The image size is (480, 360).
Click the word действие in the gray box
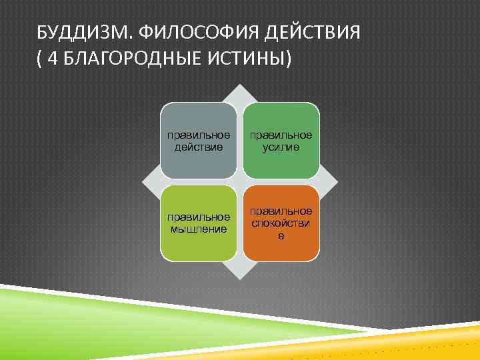tap(199, 147)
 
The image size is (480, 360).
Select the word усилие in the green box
tap(281, 147)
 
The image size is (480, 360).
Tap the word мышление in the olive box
tap(199, 229)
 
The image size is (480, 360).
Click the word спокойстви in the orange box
tap(281, 224)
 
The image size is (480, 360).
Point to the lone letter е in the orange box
tap(281, 235)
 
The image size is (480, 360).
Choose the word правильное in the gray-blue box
tap(199, 135)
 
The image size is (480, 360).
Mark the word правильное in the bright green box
tap(281, 135)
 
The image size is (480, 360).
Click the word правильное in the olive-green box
tap(199, 218)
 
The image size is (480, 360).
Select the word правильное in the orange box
tap(281, 212)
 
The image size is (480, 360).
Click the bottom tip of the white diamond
tap(240, 277)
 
